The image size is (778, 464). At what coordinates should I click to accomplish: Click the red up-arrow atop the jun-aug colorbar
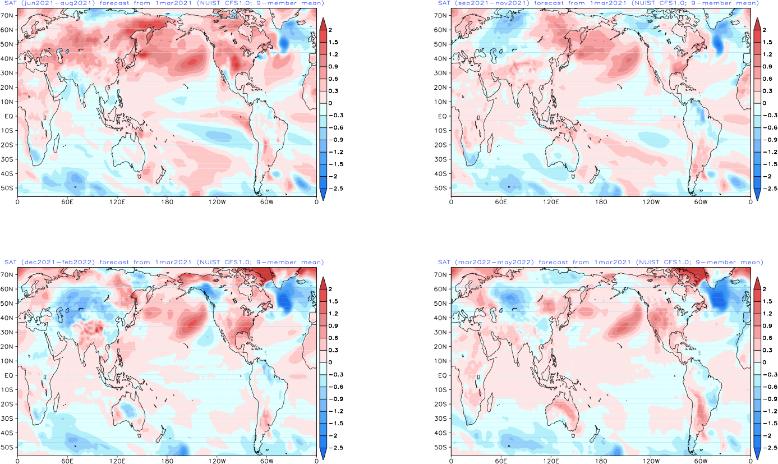(323, 24)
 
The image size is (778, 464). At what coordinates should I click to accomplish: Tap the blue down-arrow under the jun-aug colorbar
(323, 194)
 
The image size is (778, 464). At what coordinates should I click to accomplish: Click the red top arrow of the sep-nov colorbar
(757, 24)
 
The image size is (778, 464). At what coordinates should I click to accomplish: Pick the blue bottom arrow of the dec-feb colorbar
(323, 453)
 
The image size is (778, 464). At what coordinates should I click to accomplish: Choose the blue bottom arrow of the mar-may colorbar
(757, 453)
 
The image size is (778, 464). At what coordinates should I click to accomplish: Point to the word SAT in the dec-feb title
(10, 263)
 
